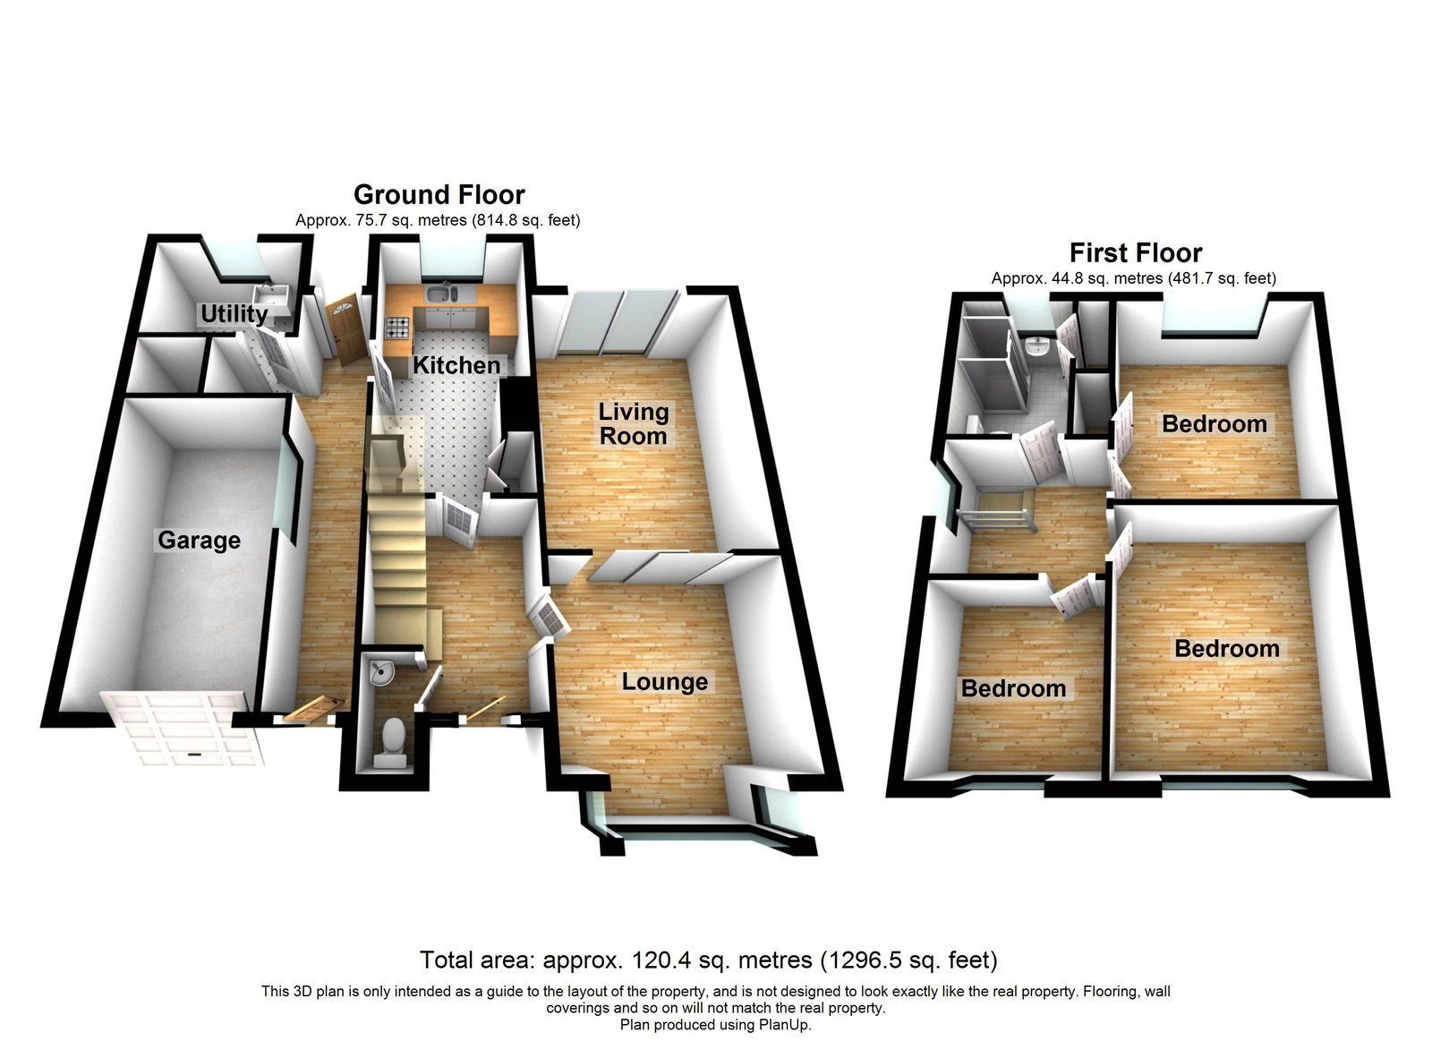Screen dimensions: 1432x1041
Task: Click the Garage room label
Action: pos(199,541)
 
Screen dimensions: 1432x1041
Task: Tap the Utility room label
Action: pos(234,314)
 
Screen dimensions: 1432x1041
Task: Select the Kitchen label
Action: pos(456,365)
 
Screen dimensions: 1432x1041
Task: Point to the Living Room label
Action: pos(633,424)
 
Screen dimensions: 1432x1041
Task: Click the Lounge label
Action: pos(665,682)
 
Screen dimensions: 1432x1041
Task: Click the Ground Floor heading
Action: pos(439,194)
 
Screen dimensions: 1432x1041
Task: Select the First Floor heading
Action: pos(1136,253)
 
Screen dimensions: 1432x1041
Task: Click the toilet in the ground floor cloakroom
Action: pos(390,742)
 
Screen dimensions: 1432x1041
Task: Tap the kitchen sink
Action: pos(440,294)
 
